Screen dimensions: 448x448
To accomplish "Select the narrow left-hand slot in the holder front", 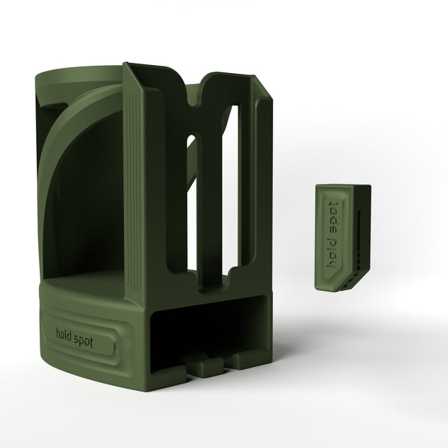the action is click(x=192, y=206).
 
